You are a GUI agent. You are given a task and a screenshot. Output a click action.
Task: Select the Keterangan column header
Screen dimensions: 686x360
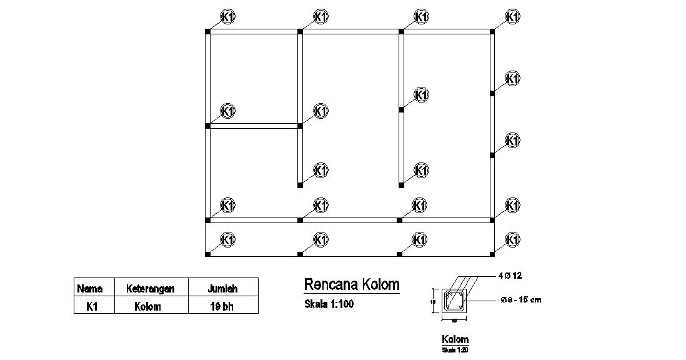pyautogui.click(x=150, y=289)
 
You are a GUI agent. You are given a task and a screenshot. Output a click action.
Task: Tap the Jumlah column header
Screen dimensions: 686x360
pyautogui.click(x=222, y=289)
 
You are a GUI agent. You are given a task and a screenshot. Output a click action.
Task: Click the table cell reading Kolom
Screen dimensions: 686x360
pyautogui.click(x=147, y=306)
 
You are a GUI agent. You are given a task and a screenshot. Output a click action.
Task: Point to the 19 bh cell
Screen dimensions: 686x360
pyautogui.click(x=222, y=306)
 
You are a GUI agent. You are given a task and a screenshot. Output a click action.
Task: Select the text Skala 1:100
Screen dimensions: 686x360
pyautogui.click(x=329, y=305)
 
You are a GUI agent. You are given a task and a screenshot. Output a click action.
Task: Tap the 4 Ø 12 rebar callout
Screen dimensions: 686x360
pyautogui.click(x=511, y=275)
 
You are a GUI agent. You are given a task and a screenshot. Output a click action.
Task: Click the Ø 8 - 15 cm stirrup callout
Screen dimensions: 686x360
pyautogui.click(x=521, y=300)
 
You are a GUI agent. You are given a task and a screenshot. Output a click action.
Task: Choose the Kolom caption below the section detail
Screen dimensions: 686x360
pyautogui.click(x=455, y=339)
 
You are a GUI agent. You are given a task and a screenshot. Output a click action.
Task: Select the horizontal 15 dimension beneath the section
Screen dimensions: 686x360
pyautogui.click(x=454, y=320)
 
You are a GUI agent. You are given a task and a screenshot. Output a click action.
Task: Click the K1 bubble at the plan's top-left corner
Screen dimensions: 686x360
pyautogui.click(x=228, y=16)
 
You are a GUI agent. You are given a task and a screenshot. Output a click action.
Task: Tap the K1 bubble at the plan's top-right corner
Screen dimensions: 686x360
pyautogui.click(x=512, y=16)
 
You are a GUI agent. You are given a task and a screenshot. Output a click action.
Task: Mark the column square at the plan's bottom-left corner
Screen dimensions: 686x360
pyautogui.click(x=208, y=254)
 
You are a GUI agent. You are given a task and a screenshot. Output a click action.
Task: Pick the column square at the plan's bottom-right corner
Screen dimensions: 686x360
pyautogui.click(x=492, y=254)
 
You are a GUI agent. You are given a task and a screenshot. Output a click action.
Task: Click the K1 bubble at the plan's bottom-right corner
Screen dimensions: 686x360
pyautogui.click(x=512, y=239)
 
